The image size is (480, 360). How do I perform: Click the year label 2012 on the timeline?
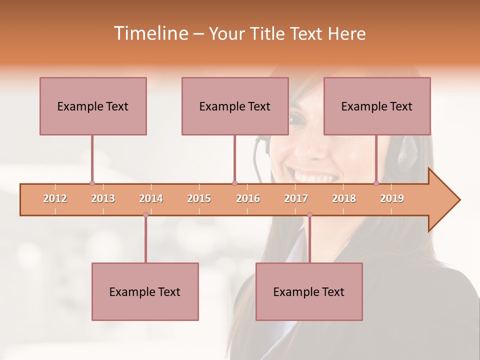pos(55,198)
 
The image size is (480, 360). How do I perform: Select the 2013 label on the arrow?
pos(103,198)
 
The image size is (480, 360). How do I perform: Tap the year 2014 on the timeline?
pos(151,198)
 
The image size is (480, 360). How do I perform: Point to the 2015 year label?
pos(199,198)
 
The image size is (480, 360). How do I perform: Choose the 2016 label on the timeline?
pos(248,198)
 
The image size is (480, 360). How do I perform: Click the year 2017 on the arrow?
pos(296,198)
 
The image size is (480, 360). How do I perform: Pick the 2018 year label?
pos(344,198)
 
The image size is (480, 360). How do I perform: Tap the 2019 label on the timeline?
pos(392,198)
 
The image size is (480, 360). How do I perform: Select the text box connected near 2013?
pos(93,106)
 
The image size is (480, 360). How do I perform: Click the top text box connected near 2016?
pos(235,106)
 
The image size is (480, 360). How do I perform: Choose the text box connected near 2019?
pos(377,106)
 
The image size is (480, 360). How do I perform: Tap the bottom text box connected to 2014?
pos(145,291)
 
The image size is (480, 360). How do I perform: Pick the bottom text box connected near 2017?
pos(309,291)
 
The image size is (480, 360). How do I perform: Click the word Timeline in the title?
pos(150,33)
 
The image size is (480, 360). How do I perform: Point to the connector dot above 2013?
pos(92,183)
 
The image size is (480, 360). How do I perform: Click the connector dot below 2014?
pos(145,215)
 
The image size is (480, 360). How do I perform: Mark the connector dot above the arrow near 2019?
pos(376,183)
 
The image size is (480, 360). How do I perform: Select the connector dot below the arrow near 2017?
pos(309,215)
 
